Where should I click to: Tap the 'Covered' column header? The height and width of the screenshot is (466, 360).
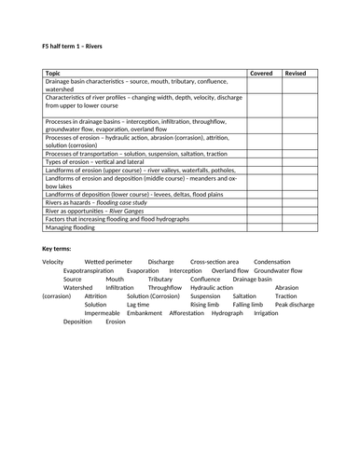click(x=262, y=71)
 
